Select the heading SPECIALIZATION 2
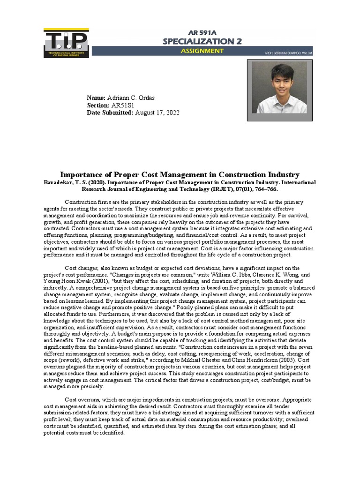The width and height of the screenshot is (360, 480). click(202, 42)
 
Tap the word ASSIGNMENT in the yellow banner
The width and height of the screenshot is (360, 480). click(202, 51)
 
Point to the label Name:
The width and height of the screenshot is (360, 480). click(97, 97)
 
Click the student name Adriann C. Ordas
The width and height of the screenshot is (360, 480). click(131, 97)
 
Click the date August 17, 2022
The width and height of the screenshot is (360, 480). click(157, 113)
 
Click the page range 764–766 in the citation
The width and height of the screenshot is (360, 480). click(264, 189)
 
